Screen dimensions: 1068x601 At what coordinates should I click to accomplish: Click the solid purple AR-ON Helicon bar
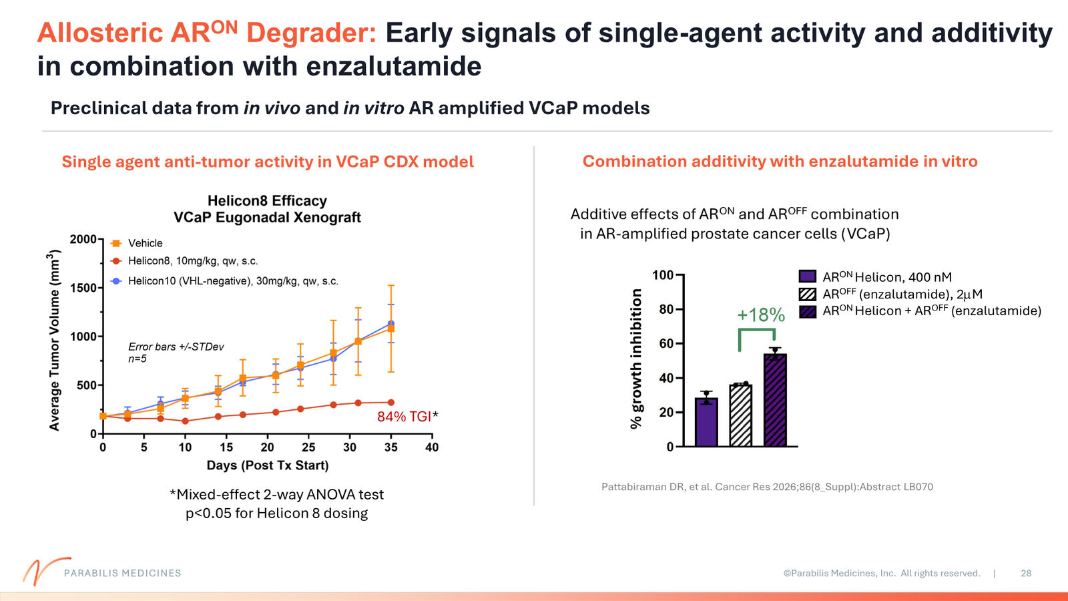tap(706, 422)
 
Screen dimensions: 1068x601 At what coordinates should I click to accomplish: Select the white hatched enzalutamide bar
tap(740, 415)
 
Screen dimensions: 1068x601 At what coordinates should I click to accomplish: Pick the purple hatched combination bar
tap(775, 400)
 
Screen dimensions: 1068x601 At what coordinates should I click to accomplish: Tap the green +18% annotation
tap(761, 315)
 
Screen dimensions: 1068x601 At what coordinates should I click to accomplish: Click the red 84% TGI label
tap(405, 417)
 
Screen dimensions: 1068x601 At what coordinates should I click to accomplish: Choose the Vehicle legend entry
tap(137, 243)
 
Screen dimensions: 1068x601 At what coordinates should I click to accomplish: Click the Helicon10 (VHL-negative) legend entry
tap(224, 281)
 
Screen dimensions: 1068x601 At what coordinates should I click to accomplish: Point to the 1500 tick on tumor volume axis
tap(83, 288)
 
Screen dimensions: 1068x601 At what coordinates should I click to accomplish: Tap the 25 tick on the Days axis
tap(308, 447)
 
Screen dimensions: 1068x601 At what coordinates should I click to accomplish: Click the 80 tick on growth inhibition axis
tap(666, 310)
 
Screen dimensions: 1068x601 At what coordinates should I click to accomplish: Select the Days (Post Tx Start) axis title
tap(268, 465)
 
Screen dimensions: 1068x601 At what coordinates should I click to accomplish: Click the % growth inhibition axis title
tap(636, 359)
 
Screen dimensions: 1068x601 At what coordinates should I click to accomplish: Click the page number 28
tap(1026, 574)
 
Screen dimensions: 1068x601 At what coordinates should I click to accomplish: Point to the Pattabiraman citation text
tap(767, 487)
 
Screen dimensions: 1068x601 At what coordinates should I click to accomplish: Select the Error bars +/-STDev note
tap(176, 347)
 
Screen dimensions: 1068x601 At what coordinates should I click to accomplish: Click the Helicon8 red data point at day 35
tap(391, 403)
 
